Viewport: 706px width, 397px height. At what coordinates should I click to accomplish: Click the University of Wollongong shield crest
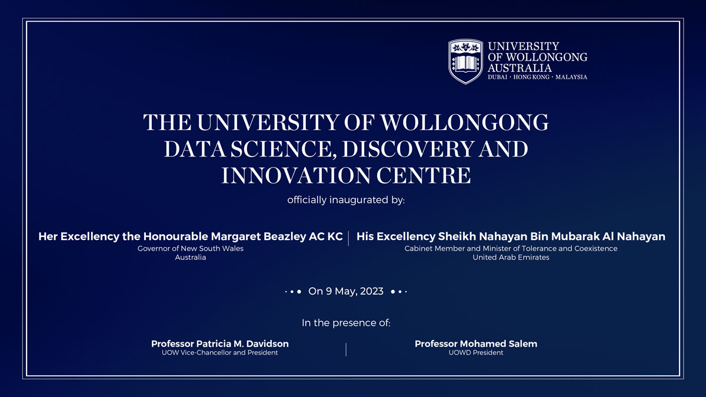(466, 61)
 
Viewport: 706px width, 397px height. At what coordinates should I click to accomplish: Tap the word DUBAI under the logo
(498, 77)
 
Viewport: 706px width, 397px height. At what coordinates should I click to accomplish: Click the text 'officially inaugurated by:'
(346, 200)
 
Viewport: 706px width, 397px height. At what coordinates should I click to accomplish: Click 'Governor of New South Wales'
(191, 249)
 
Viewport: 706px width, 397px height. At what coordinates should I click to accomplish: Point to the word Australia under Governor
(191, 258)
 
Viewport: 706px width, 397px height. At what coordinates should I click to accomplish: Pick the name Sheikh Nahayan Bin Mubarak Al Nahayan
(552, 236)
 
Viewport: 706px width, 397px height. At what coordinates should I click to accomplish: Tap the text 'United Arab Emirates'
(511, 258)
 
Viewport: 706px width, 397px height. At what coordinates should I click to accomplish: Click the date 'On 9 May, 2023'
(346, 291)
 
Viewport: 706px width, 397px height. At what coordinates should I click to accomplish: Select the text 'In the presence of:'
(346, 323)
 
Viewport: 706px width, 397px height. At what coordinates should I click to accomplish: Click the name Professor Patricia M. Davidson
(220, 343)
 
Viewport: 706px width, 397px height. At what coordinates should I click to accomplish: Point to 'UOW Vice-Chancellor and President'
(220, 353)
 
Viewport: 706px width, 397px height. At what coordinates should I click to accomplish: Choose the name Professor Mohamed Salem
(476, 343)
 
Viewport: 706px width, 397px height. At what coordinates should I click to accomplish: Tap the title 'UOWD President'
(476, 353)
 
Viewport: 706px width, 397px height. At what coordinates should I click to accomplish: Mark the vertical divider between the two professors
(346, 349)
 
